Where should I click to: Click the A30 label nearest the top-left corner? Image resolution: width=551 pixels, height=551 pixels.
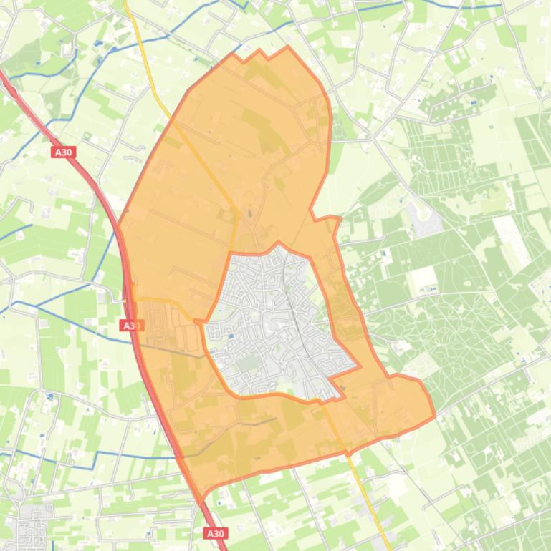coord(62,152)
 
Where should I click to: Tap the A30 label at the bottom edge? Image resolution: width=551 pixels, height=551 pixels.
coord(215,533)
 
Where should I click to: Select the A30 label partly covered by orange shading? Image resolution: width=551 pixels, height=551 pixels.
coord(130,326)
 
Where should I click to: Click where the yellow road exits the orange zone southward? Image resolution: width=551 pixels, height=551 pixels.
coord(347,452)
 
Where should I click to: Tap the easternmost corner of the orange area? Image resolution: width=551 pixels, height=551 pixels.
coord(434,414)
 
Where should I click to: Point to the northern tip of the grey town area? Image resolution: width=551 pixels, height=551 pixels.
coord(279,243)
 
